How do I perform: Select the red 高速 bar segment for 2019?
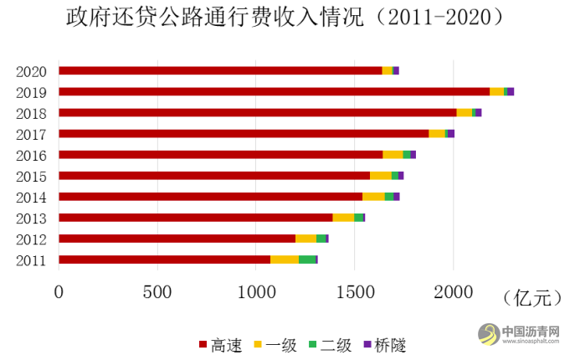274,91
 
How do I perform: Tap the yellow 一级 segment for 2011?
285,260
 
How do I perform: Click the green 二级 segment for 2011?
307,260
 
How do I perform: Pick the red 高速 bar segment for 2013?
195,218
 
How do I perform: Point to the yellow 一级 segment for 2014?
373,197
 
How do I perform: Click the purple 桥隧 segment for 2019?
511,91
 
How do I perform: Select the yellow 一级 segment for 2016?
393,154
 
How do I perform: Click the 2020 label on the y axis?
31,71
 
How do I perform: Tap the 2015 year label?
31,176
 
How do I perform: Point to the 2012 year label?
31,239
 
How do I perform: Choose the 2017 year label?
31,134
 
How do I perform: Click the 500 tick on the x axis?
157,292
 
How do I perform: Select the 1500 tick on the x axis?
354,292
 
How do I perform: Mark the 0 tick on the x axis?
59,292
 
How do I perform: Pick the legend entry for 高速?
220,344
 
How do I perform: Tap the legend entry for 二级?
329,344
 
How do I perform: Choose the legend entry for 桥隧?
383,344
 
